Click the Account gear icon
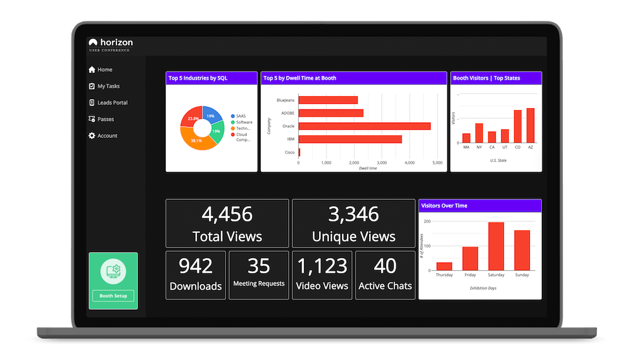(92, 135)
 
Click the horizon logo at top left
(111, 43)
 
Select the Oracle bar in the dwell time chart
(364, 126)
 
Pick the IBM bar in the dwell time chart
(349, 139)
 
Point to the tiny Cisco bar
(299, 152)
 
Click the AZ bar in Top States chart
(530, 125)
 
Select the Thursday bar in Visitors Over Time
(444, 266)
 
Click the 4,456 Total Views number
(227, 214)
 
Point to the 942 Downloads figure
(195, 266)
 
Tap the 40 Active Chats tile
(385, 274)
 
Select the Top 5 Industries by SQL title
(198, 78)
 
